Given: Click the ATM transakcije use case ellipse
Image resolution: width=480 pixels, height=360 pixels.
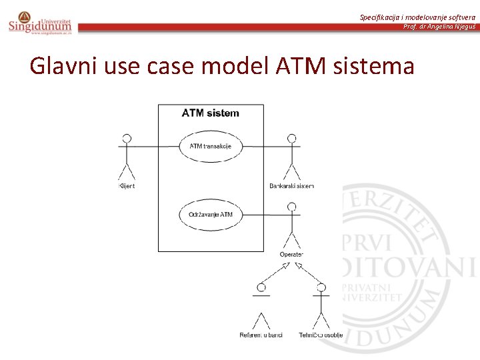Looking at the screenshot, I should coord(211,146).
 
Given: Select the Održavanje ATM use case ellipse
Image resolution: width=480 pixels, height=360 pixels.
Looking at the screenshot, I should coord(211,215).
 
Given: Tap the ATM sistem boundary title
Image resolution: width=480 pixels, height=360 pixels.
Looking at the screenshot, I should coord(210,113).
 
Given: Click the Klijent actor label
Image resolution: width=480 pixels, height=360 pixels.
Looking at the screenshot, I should coord(126,186).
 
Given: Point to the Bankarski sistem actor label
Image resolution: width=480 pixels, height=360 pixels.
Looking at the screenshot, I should coord(291,186).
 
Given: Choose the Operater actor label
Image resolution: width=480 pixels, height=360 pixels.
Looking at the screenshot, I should coord(291,254).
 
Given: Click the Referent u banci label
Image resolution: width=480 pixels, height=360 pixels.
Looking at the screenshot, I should coord(261,335).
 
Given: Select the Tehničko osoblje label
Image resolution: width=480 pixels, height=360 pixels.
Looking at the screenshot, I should coord(321,335).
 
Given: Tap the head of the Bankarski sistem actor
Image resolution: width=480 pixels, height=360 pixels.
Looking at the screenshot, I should coord(291,139).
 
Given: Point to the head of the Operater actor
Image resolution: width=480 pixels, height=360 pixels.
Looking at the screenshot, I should coord(291,207).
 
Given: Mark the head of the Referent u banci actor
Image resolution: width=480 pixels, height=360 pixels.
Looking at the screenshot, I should coord(261,287).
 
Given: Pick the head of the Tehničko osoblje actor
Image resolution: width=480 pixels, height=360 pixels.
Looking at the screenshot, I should coord(321,287).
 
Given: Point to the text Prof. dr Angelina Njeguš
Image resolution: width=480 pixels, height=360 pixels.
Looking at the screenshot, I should coord(439,27).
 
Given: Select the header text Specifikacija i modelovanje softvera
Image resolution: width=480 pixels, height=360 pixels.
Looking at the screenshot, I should coord(417,17).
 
